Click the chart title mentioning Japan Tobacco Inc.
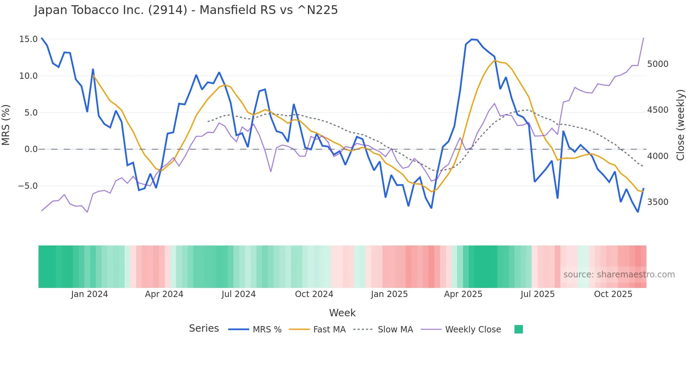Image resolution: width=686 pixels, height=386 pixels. tap(186, 10)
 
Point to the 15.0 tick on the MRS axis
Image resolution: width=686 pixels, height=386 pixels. tap(28, 39)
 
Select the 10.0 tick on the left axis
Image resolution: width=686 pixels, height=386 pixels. tap(28, 76)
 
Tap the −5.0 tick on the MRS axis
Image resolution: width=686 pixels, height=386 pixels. tap(28, 186)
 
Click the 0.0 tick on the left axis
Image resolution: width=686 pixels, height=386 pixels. tap(31, 149)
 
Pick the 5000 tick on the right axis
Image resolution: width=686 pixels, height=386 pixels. tap(658, 64)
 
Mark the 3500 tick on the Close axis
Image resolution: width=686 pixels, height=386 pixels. tap(658, 202)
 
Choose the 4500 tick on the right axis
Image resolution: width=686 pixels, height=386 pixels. tap(658, 110)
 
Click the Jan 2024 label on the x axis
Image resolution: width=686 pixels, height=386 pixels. tap(89, 294)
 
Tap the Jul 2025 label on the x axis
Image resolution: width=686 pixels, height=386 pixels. tap(538, 294)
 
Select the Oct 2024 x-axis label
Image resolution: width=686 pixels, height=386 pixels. tap(314, 294)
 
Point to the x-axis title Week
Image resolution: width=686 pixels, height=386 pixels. tap(342, 313)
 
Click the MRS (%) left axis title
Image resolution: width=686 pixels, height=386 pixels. tap(6, 125)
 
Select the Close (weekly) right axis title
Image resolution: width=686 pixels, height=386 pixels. tap(680, 125)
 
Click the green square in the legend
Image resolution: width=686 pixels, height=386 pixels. tap(519, 329)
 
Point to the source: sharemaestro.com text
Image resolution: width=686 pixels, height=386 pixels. tap(619, 275)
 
